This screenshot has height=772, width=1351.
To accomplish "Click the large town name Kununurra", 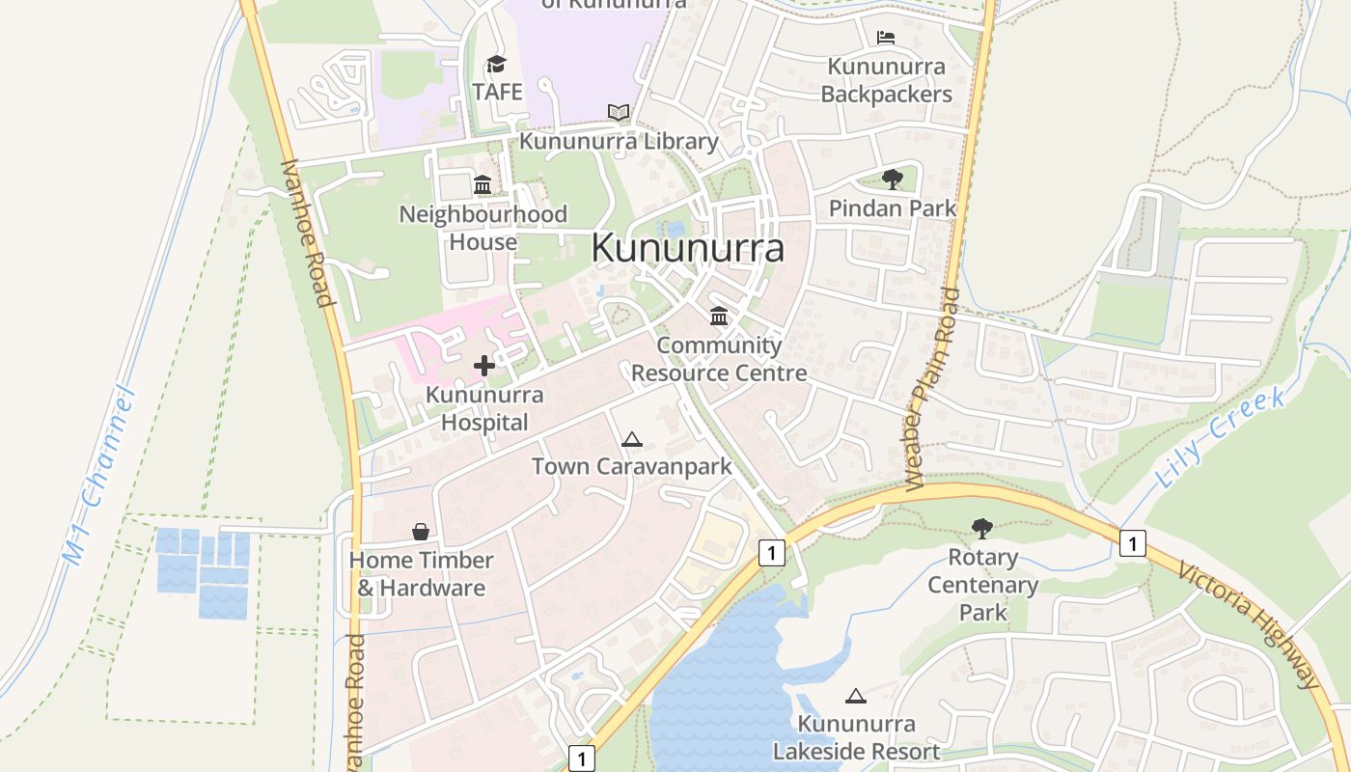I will point(687,249).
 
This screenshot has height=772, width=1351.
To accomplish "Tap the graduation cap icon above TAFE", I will point(496,65).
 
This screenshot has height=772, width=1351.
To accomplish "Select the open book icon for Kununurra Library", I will point(619,113).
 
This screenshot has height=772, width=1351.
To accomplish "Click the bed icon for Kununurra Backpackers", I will point(886,38).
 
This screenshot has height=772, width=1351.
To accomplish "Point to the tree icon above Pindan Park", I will point(893,179).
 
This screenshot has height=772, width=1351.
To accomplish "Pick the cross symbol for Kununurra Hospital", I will point(484,366).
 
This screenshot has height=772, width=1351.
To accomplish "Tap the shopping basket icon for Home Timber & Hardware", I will point(421,532).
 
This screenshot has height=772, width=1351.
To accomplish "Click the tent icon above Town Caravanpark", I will point(632,440).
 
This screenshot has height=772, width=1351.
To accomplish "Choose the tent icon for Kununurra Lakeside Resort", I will point(855,696).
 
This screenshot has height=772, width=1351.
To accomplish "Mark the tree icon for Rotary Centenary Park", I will point(982,528).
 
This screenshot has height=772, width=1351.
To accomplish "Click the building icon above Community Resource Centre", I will point(719,317).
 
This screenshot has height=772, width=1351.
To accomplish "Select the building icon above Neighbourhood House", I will point(482,184).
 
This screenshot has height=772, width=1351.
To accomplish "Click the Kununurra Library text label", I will point(620,142).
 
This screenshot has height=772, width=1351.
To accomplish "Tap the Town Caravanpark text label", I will point(632,467).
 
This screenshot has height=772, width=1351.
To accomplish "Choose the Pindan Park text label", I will point(893,207).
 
